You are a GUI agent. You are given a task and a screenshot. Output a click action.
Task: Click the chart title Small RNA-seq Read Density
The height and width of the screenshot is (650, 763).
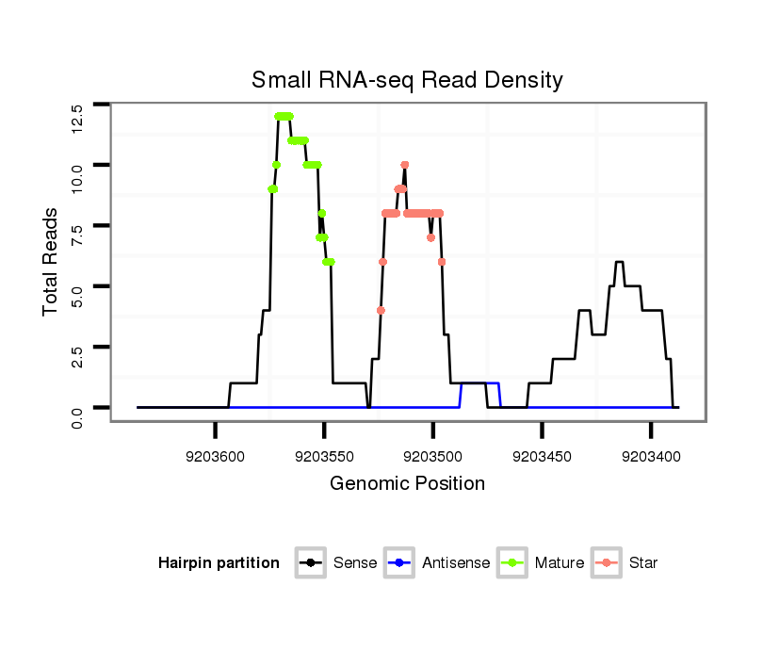point(407,80)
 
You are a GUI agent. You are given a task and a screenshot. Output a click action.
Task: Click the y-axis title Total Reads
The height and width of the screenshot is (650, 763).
point(52,261)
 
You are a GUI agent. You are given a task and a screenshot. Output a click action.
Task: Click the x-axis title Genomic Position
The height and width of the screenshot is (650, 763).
point(407,484)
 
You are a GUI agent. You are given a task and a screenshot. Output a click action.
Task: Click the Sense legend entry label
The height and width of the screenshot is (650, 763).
point(355,563)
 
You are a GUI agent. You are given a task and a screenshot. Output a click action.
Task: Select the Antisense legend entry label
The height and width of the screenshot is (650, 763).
point(456,563)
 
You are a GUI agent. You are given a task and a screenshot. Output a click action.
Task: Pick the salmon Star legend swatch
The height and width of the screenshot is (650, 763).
point(607,563)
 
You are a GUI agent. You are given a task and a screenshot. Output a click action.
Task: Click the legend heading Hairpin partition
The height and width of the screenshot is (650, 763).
point(219,563)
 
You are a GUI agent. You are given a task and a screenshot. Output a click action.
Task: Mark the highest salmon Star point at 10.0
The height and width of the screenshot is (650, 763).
point(404,165)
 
